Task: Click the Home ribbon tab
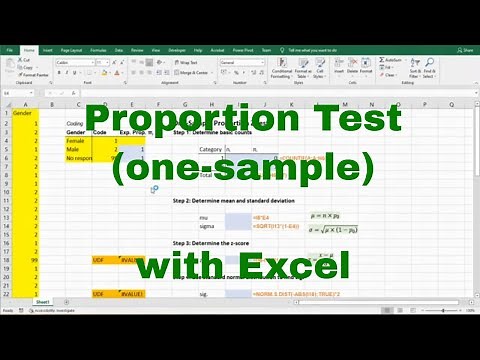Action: click(x=29, y=49)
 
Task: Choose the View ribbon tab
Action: click(x=152, y=49)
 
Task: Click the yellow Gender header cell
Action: click(x=22, y=113)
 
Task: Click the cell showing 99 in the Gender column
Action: click(x=33, y=258)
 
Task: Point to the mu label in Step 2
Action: click(x=205, y=216)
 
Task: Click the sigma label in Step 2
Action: click(x=207, y=226)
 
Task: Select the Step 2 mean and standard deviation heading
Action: click(x=234, y=201)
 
